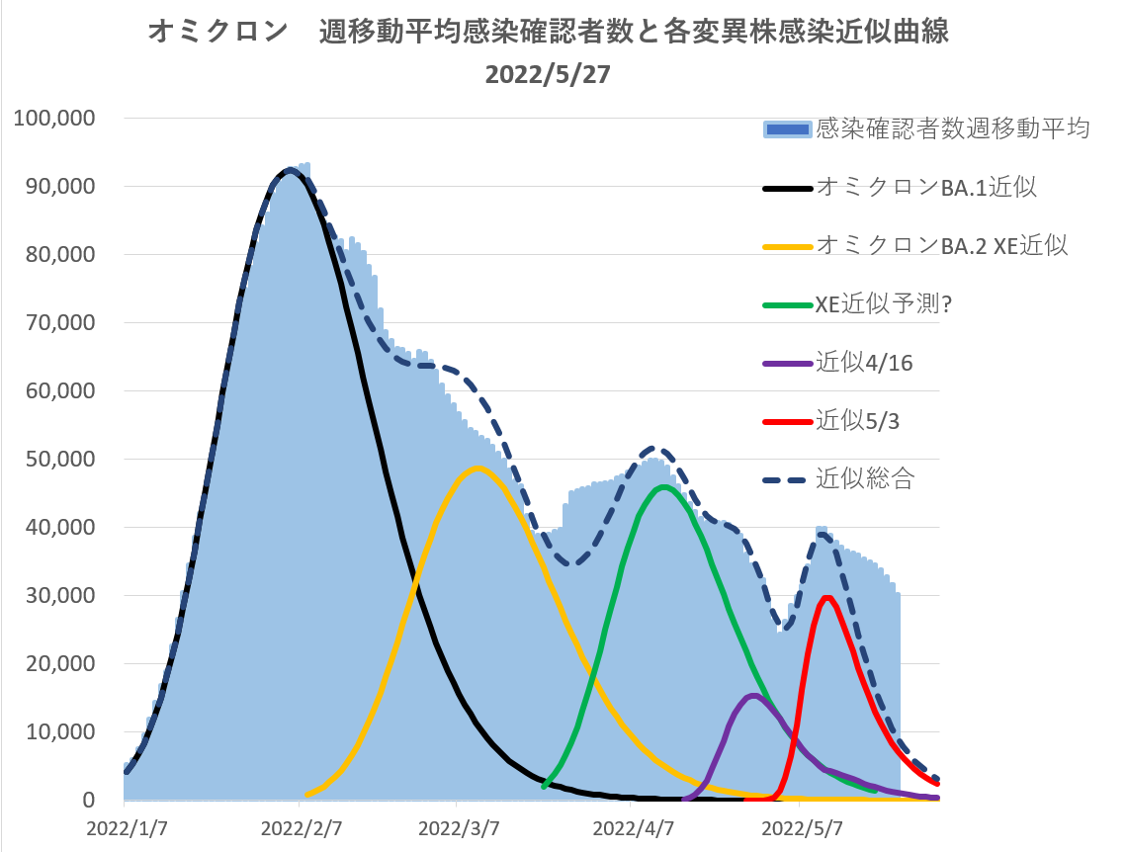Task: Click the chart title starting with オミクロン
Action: pyautogui.click(x=549, y=33)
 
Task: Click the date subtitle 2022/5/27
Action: pyautogui.click(x=549, y=76)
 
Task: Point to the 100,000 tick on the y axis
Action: pyautogui.click(x=54, y=119)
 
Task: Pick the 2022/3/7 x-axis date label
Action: pyautogui.click(x=457, y=824)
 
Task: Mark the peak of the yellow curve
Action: pyautogui.click(x=477, y=468)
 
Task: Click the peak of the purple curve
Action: pyautogui.click(x=752, y=696)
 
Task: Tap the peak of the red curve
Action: pyautogui.click(x=826, y=597)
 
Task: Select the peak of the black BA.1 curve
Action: pyautogui.click(x=289, y=170)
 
